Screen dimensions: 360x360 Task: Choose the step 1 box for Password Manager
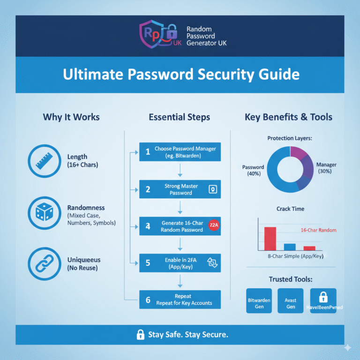(180, 152)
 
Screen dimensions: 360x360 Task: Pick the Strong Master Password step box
(180, 189)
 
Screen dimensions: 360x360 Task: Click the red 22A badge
(212, 225)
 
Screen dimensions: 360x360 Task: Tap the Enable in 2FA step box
(180, 262)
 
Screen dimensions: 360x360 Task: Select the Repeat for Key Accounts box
(180, 300)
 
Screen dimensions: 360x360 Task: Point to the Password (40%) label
(253, 170)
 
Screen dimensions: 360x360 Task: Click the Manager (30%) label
(326, 168)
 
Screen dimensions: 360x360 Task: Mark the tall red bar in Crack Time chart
(270, 238)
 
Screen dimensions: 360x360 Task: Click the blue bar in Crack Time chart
(290, 247)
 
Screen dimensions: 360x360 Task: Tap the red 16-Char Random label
(318, 230)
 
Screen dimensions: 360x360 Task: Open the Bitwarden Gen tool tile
(259, 300)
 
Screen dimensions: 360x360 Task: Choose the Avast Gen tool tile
(290, 300)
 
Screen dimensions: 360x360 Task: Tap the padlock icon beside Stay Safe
(140, 334)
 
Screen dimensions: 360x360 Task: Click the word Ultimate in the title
(87, 74)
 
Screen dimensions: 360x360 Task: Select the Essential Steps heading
(180, 117)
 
